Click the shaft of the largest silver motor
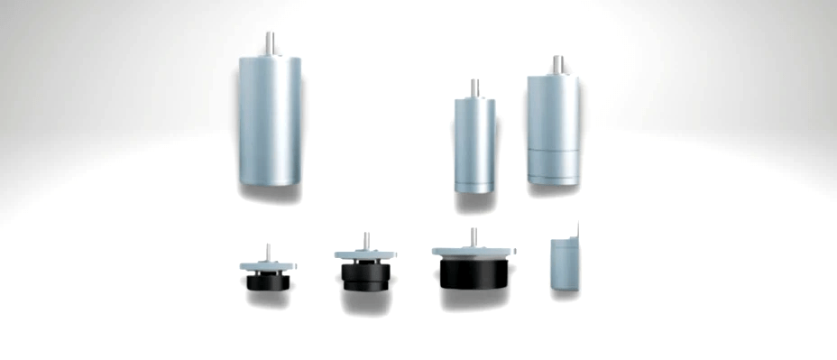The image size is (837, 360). (x=270, y=43)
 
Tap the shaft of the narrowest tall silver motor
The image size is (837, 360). (x=473, y=88)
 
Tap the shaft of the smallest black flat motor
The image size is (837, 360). (x=267, y=251)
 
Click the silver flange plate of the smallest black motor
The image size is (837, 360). (x=267, y=265)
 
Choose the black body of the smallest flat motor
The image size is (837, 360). (x=267, y=281)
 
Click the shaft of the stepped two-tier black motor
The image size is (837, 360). (x=365, y=241)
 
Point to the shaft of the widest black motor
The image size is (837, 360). (x=474, y=236)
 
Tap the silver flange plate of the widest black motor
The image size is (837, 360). (x=474, y=251)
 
